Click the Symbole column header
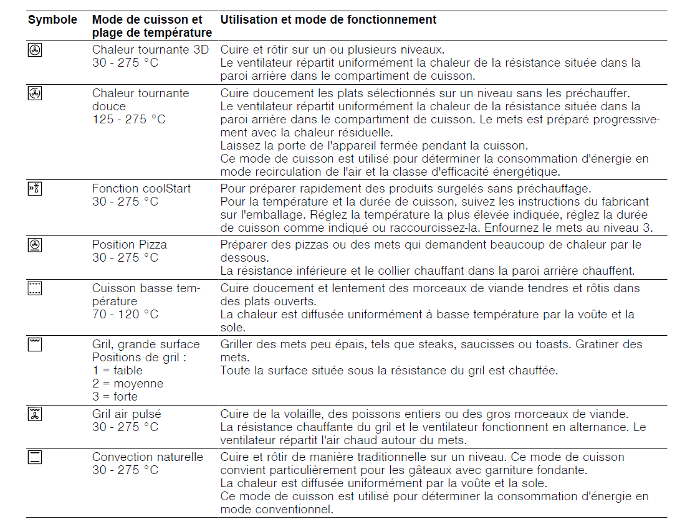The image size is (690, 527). coord(52,19)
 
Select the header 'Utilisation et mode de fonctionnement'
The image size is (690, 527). coord(328,19)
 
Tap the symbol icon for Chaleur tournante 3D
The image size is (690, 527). coord(35,50)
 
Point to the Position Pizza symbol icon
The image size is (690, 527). coord(35,245)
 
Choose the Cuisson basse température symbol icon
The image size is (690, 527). coord(35,288)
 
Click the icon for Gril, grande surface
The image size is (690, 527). coord(35,344)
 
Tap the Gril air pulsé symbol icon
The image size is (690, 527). coord(35,414)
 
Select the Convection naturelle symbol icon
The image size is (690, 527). coord(35,458)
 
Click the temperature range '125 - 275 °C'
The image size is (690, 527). coord(129,120)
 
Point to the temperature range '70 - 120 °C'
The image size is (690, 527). coord(125,314)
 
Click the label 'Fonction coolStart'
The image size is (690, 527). coord(141,189)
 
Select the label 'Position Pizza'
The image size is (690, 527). coord(130,245)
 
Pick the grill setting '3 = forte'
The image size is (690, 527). coord(115,397)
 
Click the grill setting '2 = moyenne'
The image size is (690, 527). coord(128,384)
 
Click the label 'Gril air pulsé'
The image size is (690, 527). coord(125,414)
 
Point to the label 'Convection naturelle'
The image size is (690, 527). coord(148,457)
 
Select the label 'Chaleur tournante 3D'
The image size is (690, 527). coord(151,50)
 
